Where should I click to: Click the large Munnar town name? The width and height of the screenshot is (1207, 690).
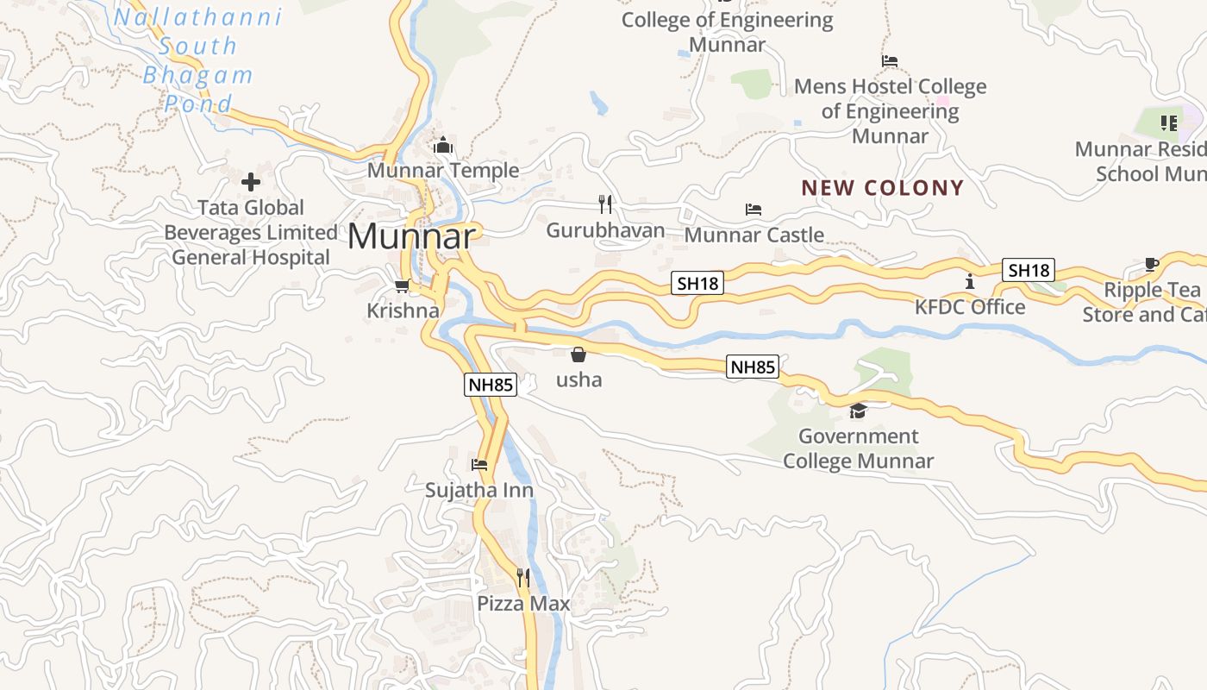pyautogui.click(x=411, y=236)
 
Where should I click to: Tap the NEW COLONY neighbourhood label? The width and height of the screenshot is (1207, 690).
pyautogui.click(x=883, y=188)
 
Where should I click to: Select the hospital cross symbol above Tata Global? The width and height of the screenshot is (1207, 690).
pyautogui.click(x=251, y=182)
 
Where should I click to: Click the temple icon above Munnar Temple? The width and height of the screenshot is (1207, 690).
pyautogui.click(x=443, y=146)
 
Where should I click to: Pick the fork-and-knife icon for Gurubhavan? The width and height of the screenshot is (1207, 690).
pyautogui.click(x=605, y=204)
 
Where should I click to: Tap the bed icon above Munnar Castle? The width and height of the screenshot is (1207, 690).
pyautogui.click(x=754, y=209)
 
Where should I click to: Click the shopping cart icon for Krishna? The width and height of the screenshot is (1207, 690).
pyautogui.click(x=402, y=285)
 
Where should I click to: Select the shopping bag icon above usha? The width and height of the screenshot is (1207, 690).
pyautogui.click(x=578, y=354)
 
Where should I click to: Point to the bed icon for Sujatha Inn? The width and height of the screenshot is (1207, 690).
pyautogui.click(x=479, y=465)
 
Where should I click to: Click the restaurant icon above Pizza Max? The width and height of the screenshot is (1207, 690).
pyautogui.click(x=523, y=577)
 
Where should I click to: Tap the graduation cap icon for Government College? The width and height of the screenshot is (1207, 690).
pyautogui.click(x=858, y=411)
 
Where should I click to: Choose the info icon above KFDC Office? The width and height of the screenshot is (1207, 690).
pyautogui.click(x=970, y=281)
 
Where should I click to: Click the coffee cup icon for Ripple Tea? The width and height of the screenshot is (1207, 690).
pyautogui.click(x=1151, y=264)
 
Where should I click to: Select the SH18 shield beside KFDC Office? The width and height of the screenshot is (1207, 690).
pyautogui.click(x=1029, y=270)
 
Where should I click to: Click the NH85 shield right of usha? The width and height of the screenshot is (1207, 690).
pyautogui.click(x=753, y=367)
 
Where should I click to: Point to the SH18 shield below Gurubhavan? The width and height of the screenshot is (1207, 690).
pyautogui.click(x=697, y=283)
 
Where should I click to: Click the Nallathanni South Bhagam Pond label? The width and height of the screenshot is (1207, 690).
pyautogui.click(x=198, y=60)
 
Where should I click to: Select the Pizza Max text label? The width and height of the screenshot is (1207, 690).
pyautogui.click(x=523, y=603)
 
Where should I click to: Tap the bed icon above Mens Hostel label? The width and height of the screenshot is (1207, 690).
pyautogui.click(x=890, y=61)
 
